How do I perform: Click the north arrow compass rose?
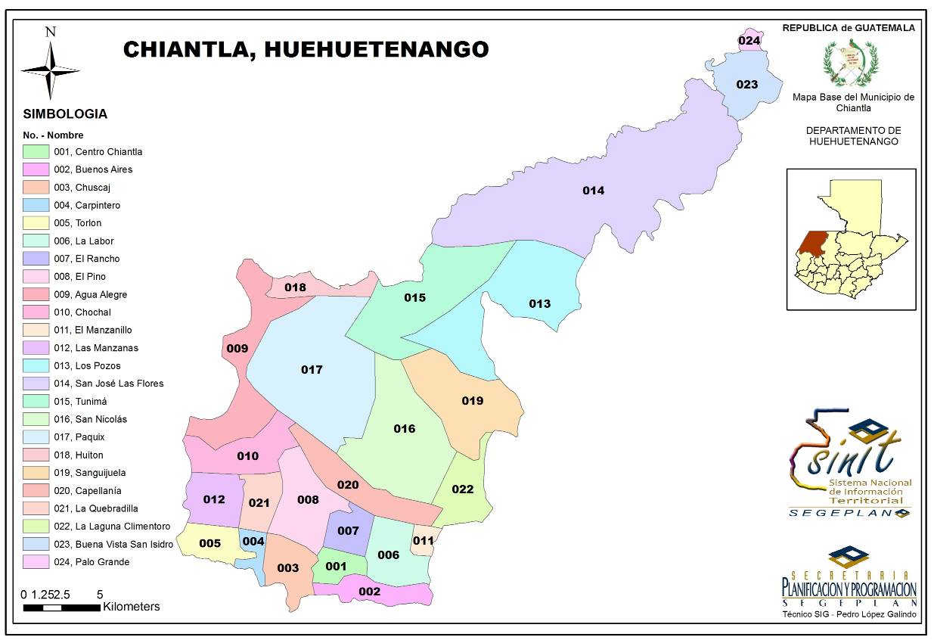pos(51,69)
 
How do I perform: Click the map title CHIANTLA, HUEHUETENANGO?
pos(306,49)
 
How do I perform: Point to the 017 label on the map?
pos(312,370)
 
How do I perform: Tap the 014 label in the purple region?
pos(593,191)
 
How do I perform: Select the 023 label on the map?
pos(746,85)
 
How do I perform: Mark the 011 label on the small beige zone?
pos(424,540)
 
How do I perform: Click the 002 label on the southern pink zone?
pos(369,591)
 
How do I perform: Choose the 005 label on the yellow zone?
pos(209,543)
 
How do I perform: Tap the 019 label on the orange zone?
pos(472,400)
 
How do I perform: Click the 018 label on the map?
pos(295,287)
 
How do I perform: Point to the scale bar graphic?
pos(61,607)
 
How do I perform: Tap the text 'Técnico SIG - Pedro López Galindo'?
pos(849,614)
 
